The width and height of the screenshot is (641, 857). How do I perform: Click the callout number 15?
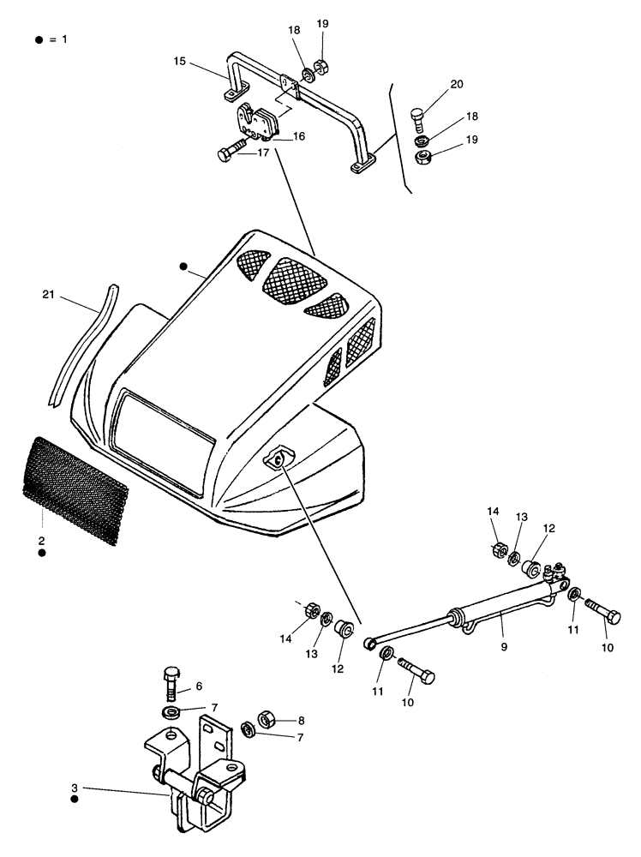(179, 62)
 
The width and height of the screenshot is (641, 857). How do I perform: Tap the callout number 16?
(299, 136)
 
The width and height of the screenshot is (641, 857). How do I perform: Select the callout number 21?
(50, 295)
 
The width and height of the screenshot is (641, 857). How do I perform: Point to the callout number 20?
(456, 83)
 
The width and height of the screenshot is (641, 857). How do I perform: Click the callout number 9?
(504, 647)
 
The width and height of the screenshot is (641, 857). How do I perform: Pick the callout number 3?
(75, 787)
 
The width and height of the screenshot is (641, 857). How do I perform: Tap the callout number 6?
(199, 686)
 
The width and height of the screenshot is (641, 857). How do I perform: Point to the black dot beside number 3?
(75, 799)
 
